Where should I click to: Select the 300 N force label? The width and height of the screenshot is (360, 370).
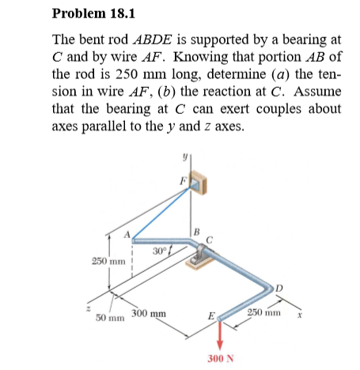coord(221,358)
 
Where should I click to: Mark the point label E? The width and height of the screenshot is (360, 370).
coord(210,318)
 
